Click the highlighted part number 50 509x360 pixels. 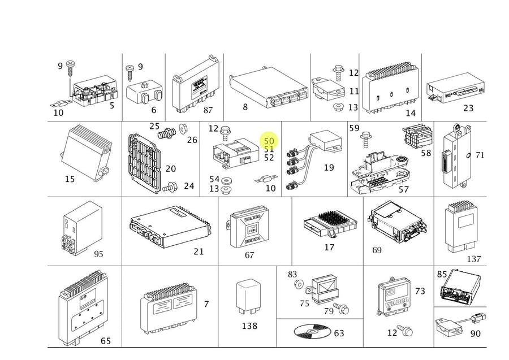tap(269, 141)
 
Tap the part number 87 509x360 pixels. tap(208, 110)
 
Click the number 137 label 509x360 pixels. tap(473, 259)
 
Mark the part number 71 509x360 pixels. tap(480, 155)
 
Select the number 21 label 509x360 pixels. tap(198, 251)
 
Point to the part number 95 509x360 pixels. tap(98, 254)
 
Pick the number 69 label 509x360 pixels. tap(377, 250)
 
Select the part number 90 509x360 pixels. tap(475, 334)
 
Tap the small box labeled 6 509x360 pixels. tap(144, 92)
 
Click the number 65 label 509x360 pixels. tap(105, 341)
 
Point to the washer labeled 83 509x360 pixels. tap(299, 283)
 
